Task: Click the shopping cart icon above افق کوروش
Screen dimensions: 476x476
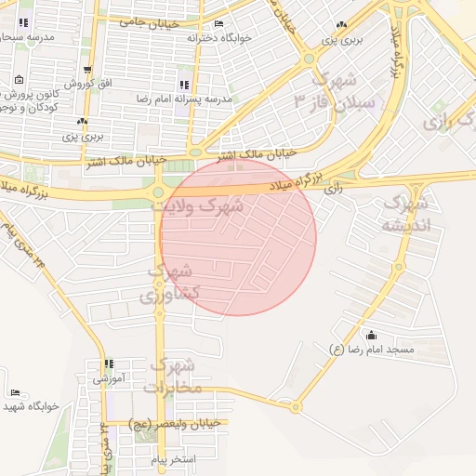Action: (87, 70)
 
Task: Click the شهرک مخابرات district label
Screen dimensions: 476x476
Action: (173, 375)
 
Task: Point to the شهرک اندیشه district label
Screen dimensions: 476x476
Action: (407, 213)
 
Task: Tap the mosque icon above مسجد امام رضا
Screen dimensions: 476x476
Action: (373, 336)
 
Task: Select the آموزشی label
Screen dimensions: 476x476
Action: (109, 378)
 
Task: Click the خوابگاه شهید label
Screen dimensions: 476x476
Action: (31, 406)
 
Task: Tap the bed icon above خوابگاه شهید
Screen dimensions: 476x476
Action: (15, 393)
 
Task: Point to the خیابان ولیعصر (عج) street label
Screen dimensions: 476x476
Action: (175, 424)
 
